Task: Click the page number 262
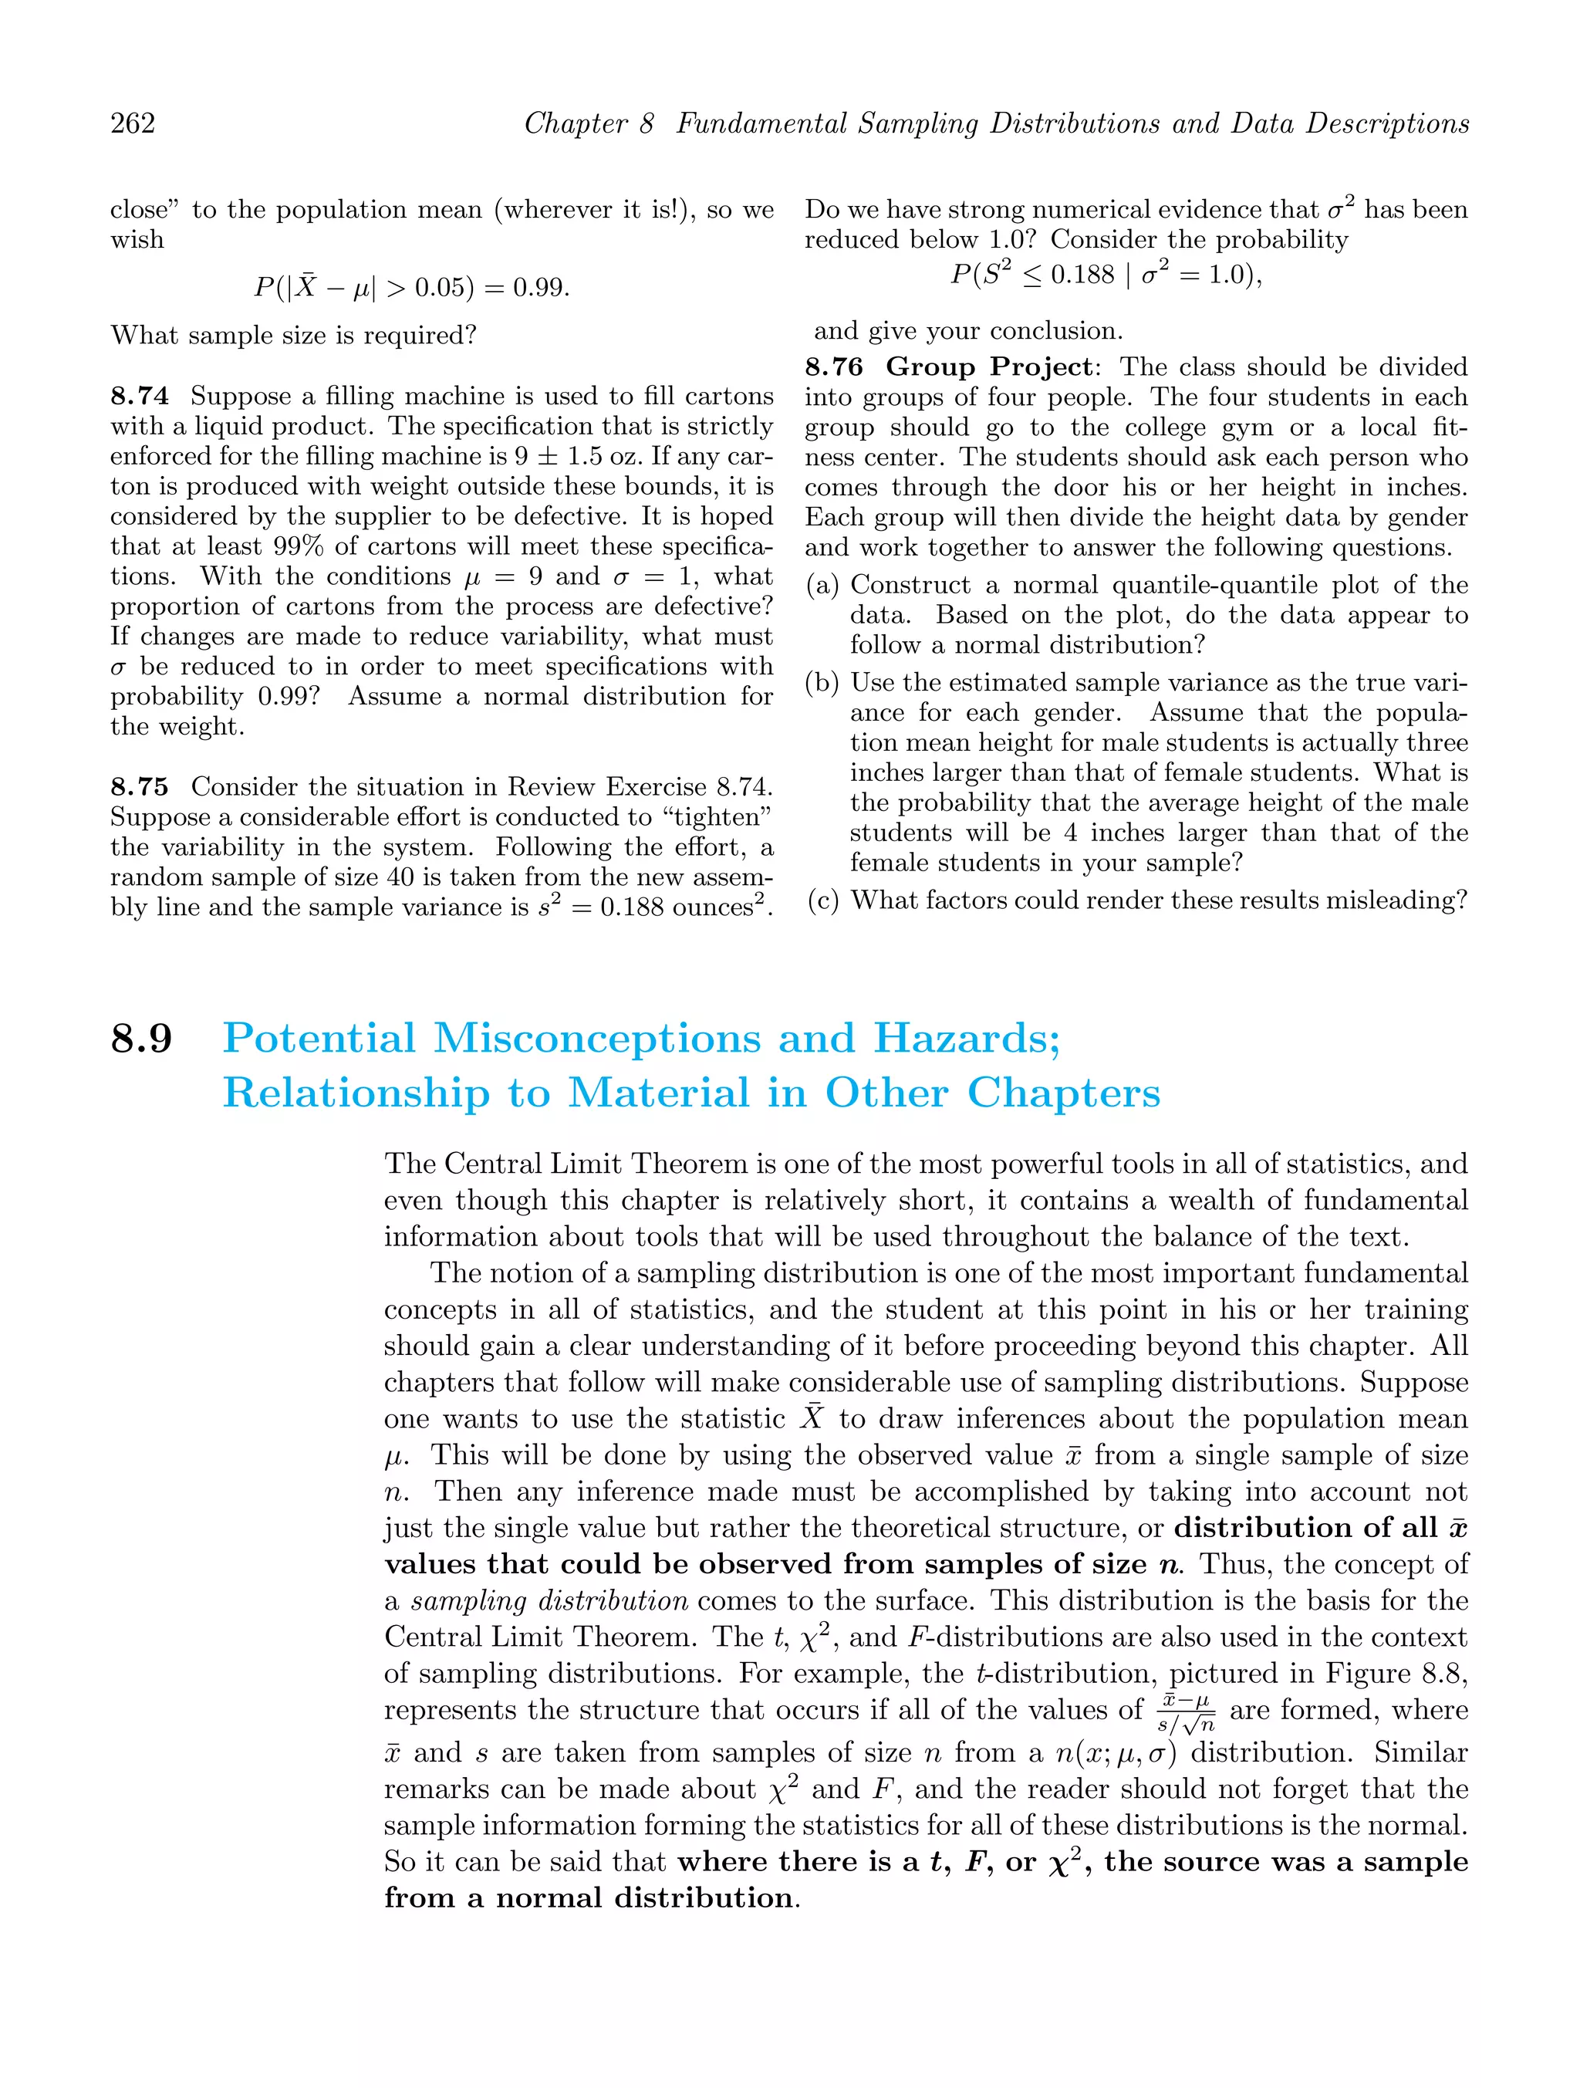133,123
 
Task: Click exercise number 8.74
140,396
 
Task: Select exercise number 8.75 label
140,786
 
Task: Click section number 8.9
142,1039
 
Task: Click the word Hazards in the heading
967,1039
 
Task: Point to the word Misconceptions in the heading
596,1039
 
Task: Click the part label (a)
823,585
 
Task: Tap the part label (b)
823,682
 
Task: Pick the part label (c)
823,900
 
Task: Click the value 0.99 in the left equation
541,287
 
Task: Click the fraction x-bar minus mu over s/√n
1187,1712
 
